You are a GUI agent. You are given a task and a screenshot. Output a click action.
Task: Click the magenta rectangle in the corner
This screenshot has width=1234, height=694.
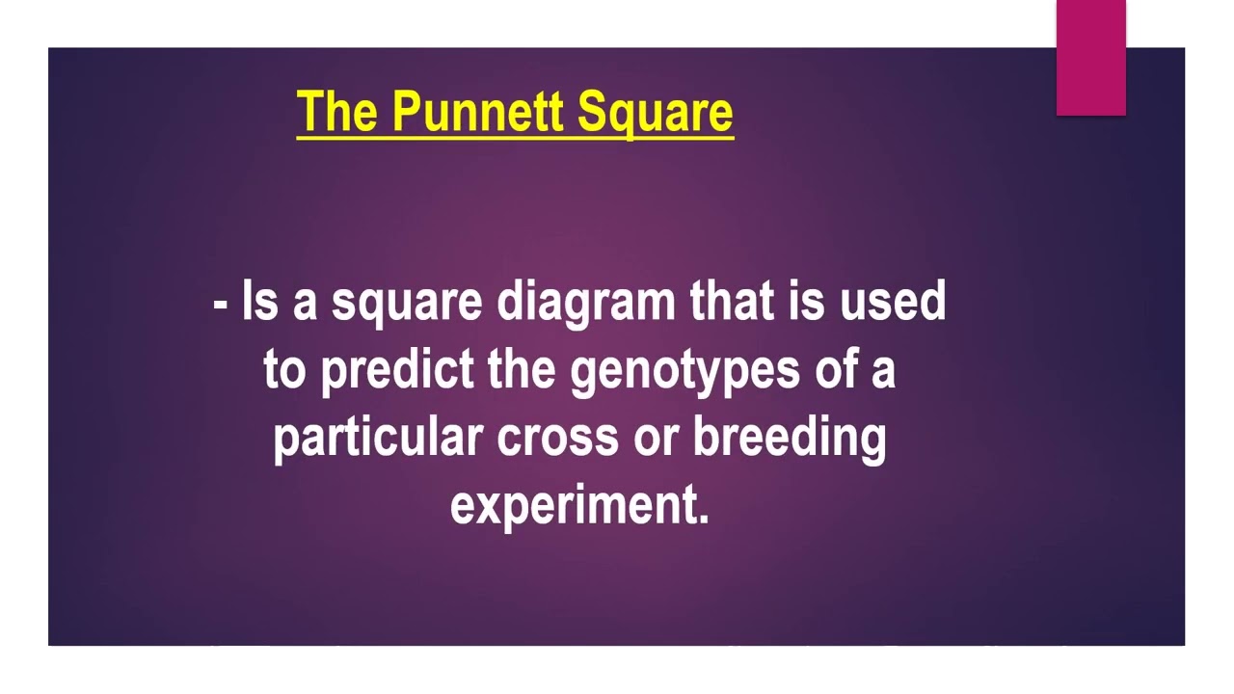[x=1090, y=58]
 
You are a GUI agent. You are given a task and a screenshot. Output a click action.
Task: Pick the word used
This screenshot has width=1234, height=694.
[x=893, y=302]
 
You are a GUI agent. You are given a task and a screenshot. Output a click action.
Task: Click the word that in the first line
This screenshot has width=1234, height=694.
[x=732, y=302]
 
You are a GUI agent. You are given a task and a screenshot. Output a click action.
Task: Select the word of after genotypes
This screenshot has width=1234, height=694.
[x=835, y=369]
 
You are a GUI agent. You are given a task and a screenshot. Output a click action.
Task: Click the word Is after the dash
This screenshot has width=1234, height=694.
[x=259, y=302]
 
